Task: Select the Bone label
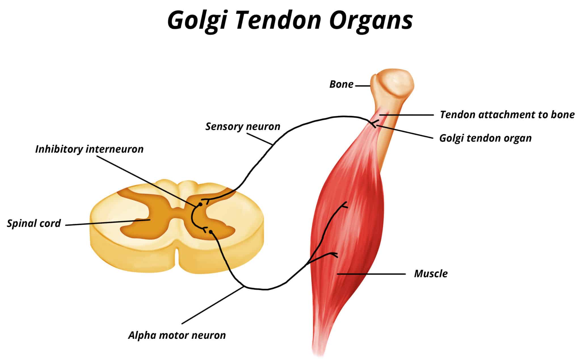341,84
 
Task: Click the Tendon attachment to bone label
507,115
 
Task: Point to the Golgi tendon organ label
485,138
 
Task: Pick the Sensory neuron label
243,126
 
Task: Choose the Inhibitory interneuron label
89,149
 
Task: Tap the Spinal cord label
34,223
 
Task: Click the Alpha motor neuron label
177,335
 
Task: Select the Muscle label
431,274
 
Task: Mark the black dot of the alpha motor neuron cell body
211,232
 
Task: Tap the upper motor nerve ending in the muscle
345,205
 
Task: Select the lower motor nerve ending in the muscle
335,255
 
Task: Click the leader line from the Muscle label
372,274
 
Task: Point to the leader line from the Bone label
363,86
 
